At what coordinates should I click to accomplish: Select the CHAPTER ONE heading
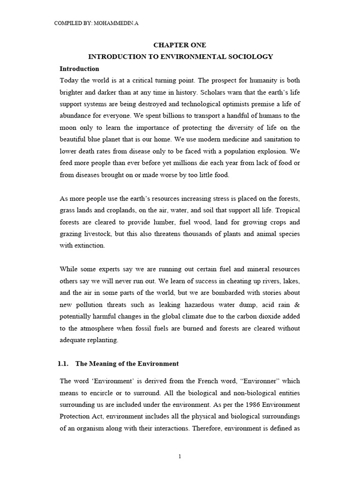(x=180, y=45)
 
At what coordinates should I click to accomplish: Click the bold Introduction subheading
(x=80, y=68)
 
